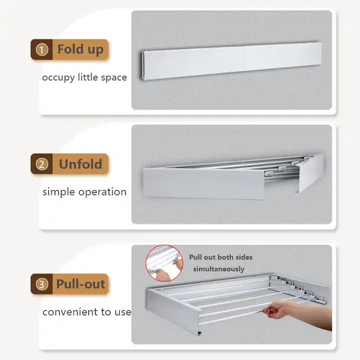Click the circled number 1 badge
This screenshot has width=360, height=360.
tap(42, 49)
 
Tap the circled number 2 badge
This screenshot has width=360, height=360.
tap(42, 164)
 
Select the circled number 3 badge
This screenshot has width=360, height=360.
tap(42, 284)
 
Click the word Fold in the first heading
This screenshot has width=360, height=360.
tap(70, 49)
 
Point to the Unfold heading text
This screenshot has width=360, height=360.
tap(80, 164)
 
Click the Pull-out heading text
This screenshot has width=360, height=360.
tap(80, 284)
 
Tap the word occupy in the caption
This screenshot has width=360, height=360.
tap(58, 78)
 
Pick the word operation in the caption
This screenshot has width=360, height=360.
tap(102, 192)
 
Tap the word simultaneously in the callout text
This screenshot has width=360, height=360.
tap(218, 269)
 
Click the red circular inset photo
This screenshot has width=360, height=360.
tap(164, 263)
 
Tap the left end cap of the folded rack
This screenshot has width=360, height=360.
tap(142, 65)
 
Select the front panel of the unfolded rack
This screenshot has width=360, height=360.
tap(203, 183)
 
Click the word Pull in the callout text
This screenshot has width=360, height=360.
tap(196, 257)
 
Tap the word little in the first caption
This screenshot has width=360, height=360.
tap(88, 77)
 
